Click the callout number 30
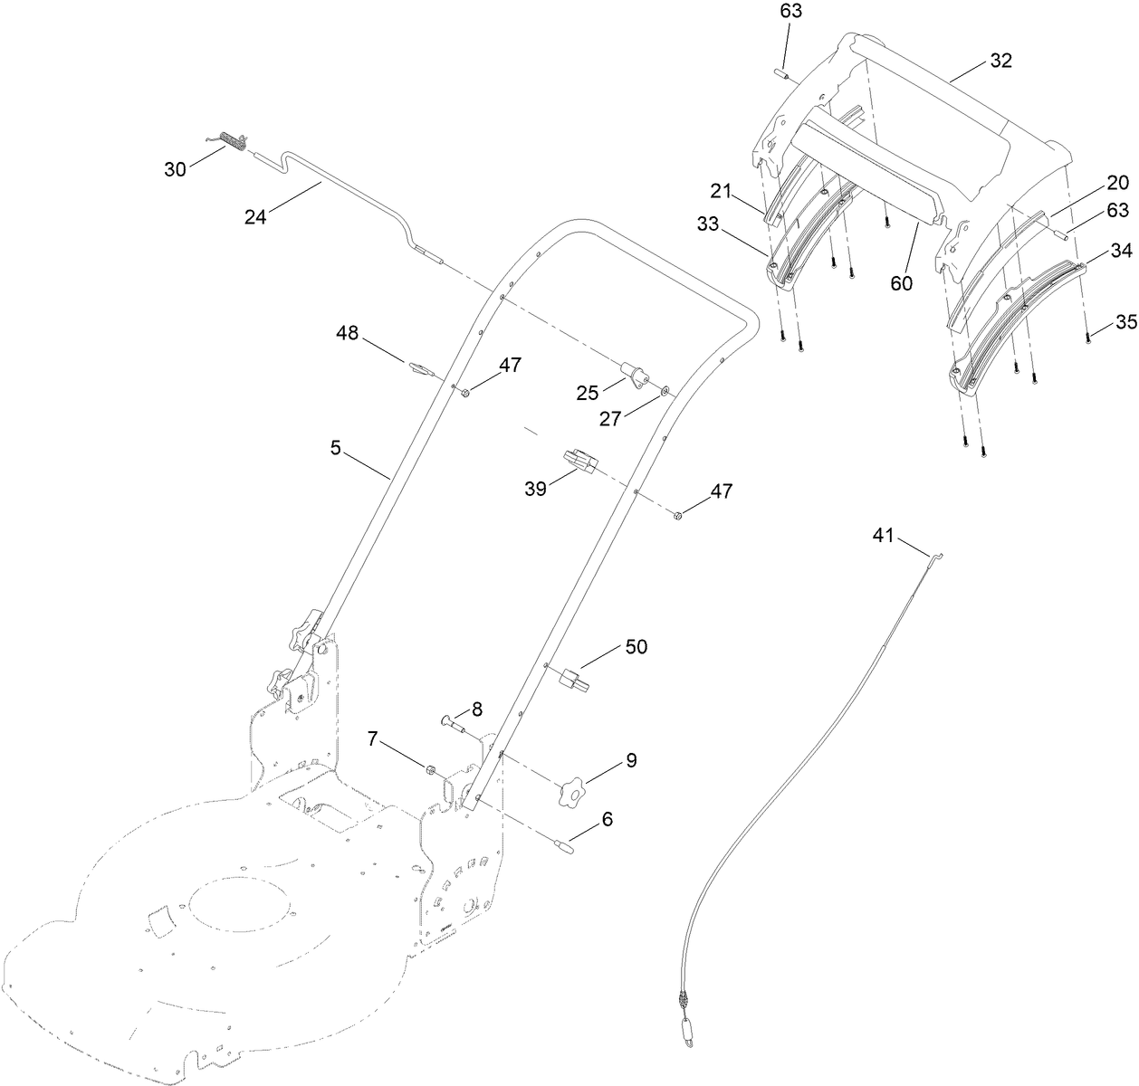[176, 168]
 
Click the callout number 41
[883, 536]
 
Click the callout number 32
[1000, 61]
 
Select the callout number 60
[901, 282]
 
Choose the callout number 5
[336, 448]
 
